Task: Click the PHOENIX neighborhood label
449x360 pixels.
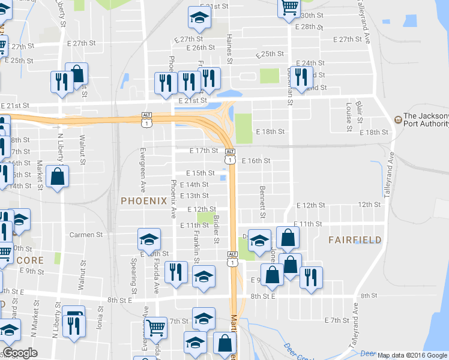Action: (x=143, y=200)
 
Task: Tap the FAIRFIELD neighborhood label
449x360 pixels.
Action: (x=355, y=239)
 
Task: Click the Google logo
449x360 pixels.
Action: (x=20, y=353)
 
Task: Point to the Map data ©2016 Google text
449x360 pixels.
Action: (x=412, y=355)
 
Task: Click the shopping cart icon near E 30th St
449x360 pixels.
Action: (x=289, y=7)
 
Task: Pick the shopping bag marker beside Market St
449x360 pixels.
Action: (x=57, y=176)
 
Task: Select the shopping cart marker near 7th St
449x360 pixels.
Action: (x=155, y=328)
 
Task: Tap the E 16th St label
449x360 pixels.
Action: (x=256, y=161)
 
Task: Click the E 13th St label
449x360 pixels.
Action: (x=193, y=196)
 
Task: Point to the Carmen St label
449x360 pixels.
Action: (x=86, y=235)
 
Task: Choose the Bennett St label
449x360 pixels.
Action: (x=262, y=202)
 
